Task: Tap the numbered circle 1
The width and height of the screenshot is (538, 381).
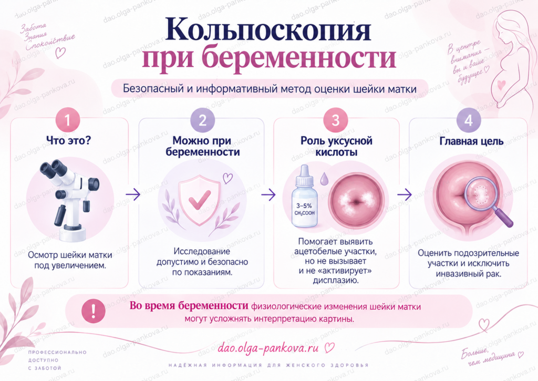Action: [x=68, y=120]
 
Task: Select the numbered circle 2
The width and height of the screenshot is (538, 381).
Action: [x=202, y=120]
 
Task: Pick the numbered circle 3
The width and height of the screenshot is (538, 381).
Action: [x=336, y=120]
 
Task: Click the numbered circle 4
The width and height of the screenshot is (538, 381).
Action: [x=468, y=120]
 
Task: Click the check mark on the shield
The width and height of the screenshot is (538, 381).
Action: [x=200, y=199]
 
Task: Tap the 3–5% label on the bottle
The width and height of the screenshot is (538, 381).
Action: [x=304, y=206]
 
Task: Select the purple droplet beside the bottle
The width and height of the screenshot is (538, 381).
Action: [x=324, y=178]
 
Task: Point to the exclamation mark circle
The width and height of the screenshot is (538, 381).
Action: [x=94, y=311]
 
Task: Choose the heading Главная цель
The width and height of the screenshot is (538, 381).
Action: [x=471, y=141]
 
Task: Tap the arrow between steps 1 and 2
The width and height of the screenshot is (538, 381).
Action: [x=133, y=194]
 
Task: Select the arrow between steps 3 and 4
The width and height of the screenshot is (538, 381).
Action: [x=404, y=194]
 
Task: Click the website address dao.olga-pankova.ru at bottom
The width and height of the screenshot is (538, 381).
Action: [x=268, y=348]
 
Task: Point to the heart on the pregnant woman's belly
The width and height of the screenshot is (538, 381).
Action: [x=501, y=84]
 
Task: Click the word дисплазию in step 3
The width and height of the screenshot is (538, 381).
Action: [x=336, y=280]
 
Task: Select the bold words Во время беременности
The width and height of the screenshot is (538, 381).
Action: [x=189, y=306]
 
